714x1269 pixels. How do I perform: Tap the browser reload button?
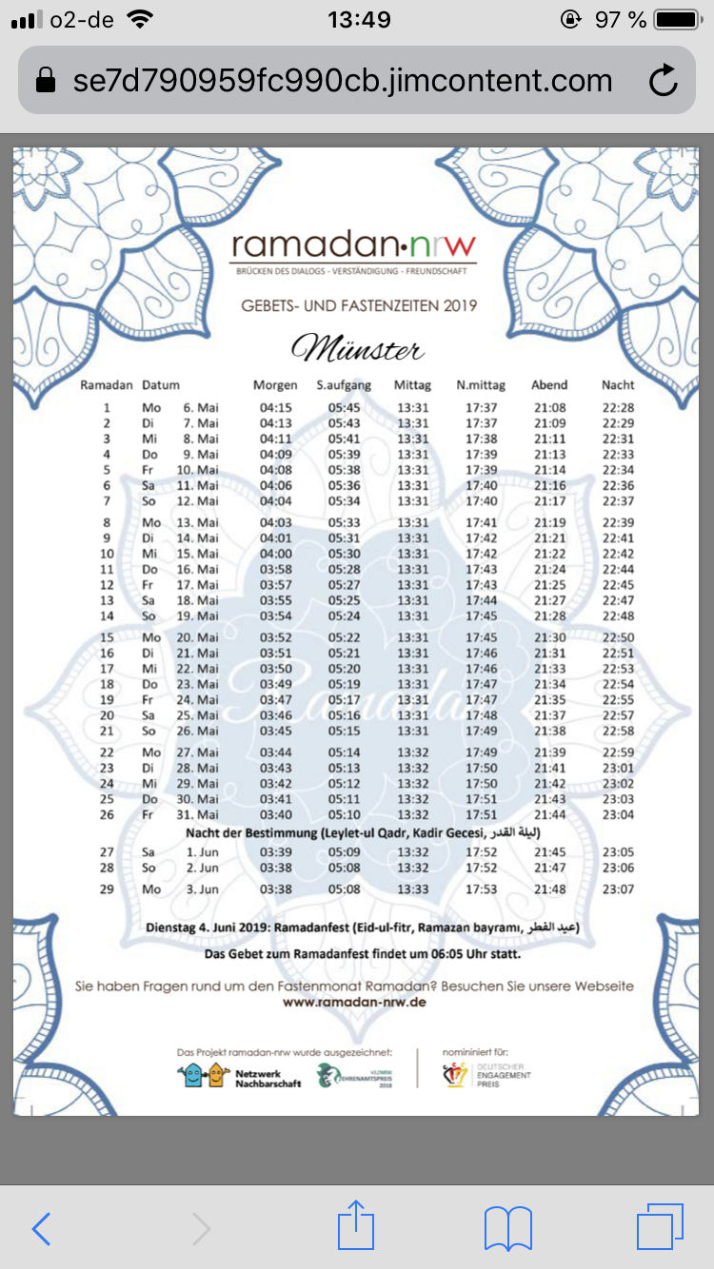pyautogui.click(x=663, y=81)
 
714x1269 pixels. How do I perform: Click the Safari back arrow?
pyautogui.click(x=41, y=1229)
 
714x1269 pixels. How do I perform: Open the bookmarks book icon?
pyautogui.click(x=507, y=1229)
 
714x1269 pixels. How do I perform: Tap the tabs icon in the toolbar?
pyautogui.click(x=660, y=1228)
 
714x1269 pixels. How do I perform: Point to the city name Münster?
pyautogui.click(x=357, y=349)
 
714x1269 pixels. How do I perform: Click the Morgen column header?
pyautogui.click(x=275, y=385)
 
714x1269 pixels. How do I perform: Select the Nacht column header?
pyautogui.click(x=618, y=385)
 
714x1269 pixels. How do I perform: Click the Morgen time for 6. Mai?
pyautogui.click(x=276, y=408)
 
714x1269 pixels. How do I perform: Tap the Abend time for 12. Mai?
pyautogui.click(x=549, y=501)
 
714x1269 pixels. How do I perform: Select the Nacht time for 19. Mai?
pyautogui.click(x=619, y=615)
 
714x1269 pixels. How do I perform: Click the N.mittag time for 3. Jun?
pyautogui.click(x=482, y=889)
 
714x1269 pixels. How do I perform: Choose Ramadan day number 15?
pyautogui.click(x=107, y=637)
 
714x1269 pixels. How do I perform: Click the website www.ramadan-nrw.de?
pyautogui.click(x=354, y=1003)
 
